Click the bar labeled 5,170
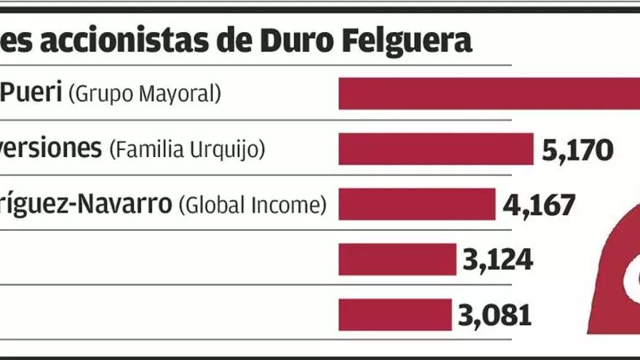click(436, 149)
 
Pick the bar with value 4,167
click(417, 204)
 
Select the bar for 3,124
click(397, 259)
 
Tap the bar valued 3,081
click(395, 314)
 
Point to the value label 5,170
click(578, 151)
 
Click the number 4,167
click(539, 205)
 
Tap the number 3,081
click(495, 315)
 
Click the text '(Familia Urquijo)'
click(187, 149)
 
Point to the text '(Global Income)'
click(252, 204)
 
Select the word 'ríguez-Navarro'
click(86, 204)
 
